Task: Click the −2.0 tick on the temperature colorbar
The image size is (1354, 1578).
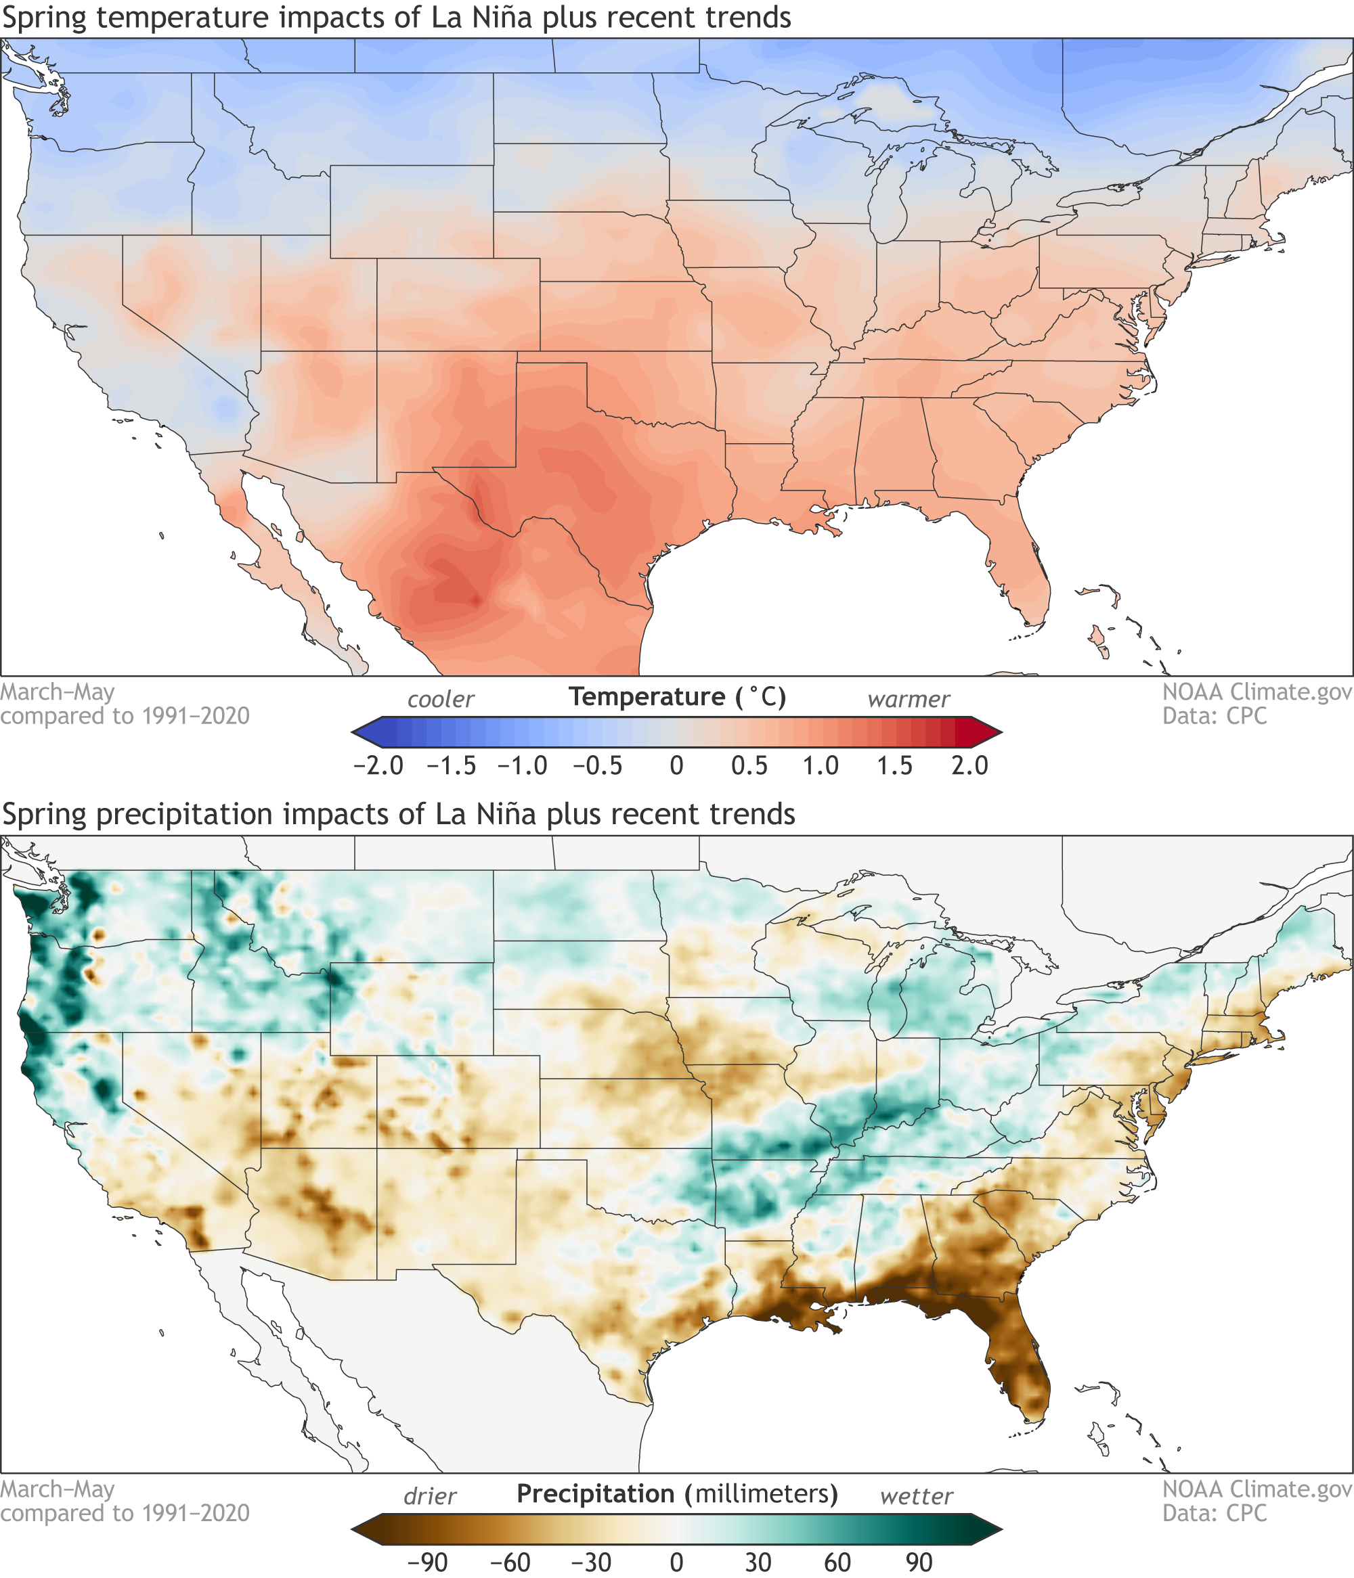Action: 378,765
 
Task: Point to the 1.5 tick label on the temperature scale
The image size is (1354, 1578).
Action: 894,765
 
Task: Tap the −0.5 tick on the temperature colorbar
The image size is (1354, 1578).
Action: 598,765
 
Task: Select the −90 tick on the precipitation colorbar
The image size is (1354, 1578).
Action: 427,1562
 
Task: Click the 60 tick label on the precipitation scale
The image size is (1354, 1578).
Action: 837,1562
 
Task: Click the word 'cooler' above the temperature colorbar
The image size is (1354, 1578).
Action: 441,699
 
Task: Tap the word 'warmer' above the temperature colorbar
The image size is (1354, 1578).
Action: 909,699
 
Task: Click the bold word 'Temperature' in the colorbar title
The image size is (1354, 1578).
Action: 647,697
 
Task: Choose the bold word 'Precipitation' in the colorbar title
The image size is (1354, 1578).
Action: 595,1493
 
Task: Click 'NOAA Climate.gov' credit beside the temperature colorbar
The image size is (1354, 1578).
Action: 1257,692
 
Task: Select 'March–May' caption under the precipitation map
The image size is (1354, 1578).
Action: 57,1489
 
